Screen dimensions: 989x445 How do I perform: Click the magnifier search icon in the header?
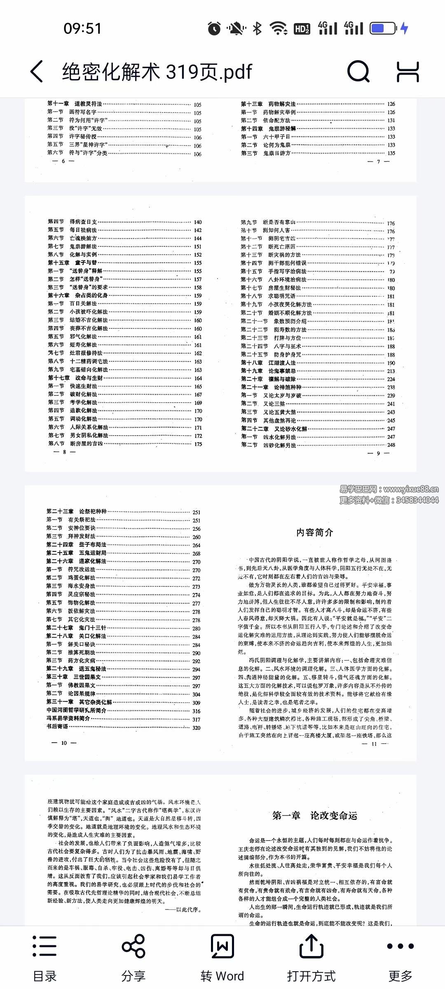tap(358, 72)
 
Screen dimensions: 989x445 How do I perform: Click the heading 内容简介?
tap(315, 532)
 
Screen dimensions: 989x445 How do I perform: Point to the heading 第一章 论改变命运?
tap(315, 816)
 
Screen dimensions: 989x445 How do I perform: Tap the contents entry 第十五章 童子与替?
tap(73, 263)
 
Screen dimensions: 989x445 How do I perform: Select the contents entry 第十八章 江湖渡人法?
tap(268, 363)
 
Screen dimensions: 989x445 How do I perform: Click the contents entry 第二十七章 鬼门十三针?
tap(76, 628)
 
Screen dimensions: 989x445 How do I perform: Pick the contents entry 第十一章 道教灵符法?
tap(75, 104)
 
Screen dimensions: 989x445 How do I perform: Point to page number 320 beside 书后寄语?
tap(197, 728)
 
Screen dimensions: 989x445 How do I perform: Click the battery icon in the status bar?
tap(383, 28)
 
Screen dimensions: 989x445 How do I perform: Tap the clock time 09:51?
tap(82, 28)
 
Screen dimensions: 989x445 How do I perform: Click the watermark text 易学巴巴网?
tap(358, 490)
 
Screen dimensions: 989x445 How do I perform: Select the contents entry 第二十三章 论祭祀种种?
tap(76, 511)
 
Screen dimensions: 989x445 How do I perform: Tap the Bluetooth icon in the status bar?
tap(258, 28)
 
